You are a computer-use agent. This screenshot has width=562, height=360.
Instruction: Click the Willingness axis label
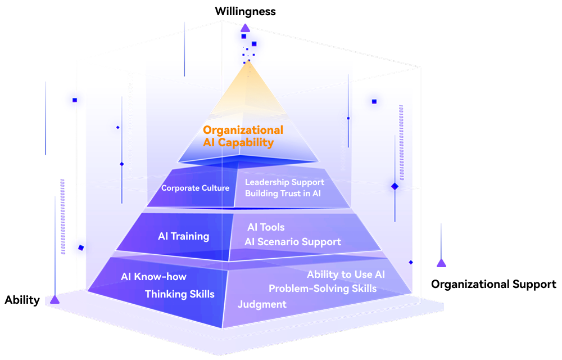[245, 11]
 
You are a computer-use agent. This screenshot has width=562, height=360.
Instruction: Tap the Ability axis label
[22, 300]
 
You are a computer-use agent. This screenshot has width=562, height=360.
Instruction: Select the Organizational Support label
[493, 284]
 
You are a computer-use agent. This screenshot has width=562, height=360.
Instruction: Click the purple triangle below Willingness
[245, 28]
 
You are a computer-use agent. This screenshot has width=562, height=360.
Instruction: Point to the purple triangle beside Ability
[55, 299]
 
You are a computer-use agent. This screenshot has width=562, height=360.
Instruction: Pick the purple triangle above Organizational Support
[441, 263]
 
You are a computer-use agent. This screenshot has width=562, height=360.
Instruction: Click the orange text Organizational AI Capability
[243, 136]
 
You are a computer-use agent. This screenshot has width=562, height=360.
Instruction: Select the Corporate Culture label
[196, 188]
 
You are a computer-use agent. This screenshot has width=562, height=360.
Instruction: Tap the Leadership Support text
[284, 182]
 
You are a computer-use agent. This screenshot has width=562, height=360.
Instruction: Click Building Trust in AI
[283, 193]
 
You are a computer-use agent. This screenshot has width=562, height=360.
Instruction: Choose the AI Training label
[184, 236]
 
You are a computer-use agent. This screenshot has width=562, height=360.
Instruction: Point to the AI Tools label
[266, 227]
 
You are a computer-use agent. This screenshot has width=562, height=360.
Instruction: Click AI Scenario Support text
[293, 242]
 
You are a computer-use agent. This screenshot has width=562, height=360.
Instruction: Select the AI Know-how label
[153, 277]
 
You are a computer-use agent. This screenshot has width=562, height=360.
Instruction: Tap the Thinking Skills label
[180, 294]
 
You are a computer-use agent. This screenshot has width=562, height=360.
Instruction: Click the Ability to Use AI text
[346, 274]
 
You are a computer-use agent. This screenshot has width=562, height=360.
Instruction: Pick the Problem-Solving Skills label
[323, 289]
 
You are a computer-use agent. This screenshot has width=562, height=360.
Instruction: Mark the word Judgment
[262, 304]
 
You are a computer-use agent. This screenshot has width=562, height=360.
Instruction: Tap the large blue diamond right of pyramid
[395, 186]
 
